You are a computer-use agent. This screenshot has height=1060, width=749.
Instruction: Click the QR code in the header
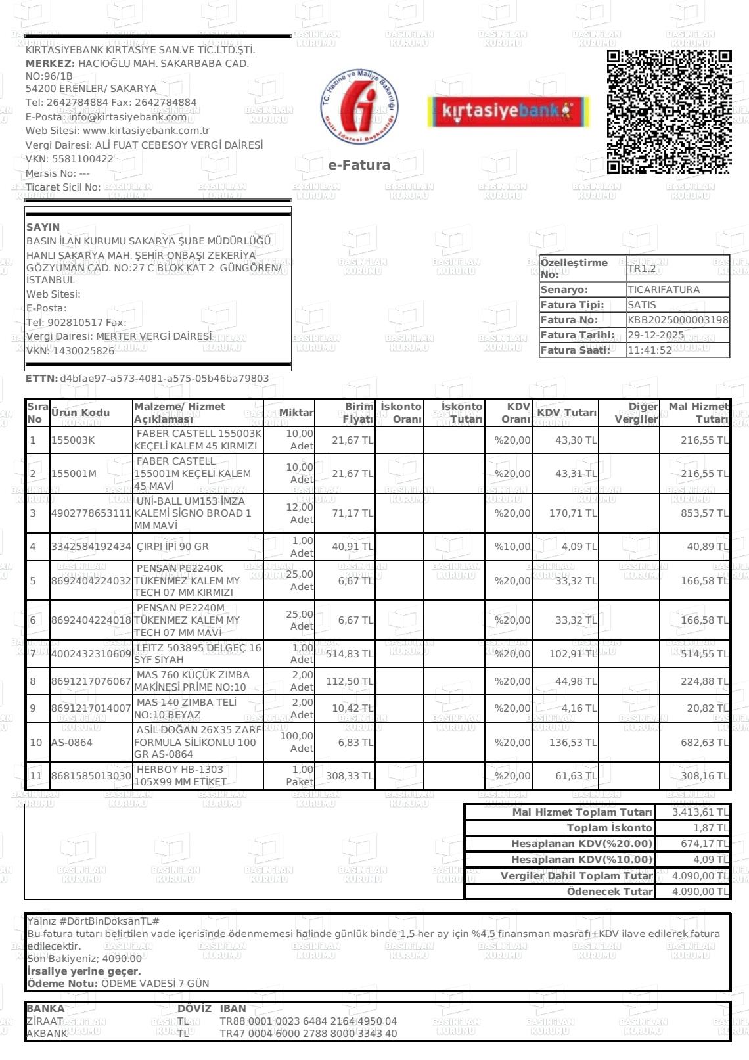668,112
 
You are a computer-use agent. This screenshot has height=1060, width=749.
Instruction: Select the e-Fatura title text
359,165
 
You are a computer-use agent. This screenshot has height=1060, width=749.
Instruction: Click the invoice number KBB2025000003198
678,320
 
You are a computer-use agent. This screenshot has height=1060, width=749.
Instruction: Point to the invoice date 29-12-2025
656,335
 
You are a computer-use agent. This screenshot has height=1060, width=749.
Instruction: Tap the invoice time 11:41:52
650,350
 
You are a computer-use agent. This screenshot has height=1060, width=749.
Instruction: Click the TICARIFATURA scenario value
664,290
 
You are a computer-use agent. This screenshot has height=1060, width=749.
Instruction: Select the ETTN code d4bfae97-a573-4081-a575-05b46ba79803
164,379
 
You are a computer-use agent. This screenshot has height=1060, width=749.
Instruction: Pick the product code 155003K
73,440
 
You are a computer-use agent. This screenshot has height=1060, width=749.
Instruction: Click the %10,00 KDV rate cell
512,547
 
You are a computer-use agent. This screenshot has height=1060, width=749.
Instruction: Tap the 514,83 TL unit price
349,654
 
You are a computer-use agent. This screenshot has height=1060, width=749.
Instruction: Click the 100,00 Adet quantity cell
297,743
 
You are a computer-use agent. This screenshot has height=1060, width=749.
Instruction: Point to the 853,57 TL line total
704,513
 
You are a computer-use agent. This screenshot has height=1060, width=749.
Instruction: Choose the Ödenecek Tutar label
610,892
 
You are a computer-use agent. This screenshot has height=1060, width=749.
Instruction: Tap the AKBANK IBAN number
308,1034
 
